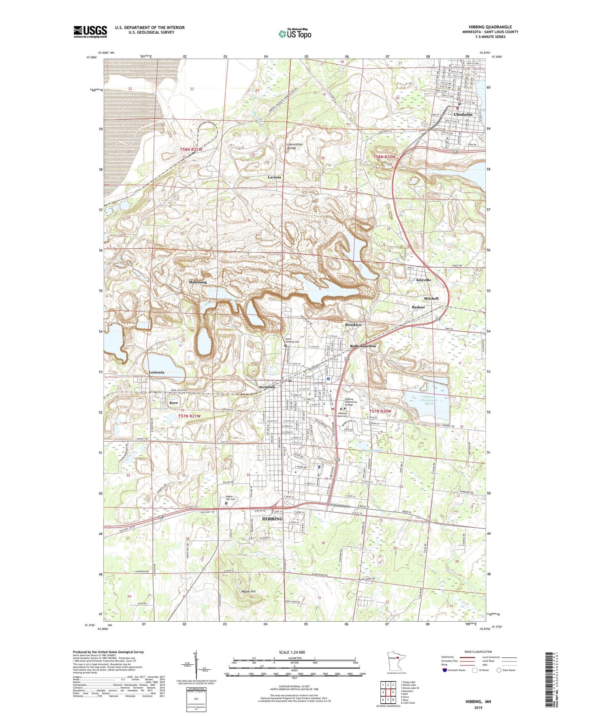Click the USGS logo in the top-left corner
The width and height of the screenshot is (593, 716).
90,32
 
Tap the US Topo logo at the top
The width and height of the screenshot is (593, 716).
294,34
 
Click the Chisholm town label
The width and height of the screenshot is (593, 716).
463,114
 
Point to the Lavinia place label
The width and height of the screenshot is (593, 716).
274,177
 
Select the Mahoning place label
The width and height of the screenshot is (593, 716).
198,282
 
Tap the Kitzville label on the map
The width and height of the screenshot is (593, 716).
424,280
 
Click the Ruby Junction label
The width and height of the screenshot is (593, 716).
363,346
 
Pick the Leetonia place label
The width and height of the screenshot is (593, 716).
157,372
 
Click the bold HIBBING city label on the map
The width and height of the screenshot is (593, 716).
272,519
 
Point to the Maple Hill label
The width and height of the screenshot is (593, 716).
248,591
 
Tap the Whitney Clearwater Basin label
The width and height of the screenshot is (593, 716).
430,400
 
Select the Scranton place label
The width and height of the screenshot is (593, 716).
267,387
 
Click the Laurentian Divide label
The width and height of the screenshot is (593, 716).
295,146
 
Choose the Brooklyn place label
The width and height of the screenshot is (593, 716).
353,325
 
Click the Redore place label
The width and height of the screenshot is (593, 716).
419,307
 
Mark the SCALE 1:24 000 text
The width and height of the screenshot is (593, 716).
292,652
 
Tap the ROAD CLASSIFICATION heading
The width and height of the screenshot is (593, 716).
478,652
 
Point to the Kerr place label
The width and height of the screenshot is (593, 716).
174,403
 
